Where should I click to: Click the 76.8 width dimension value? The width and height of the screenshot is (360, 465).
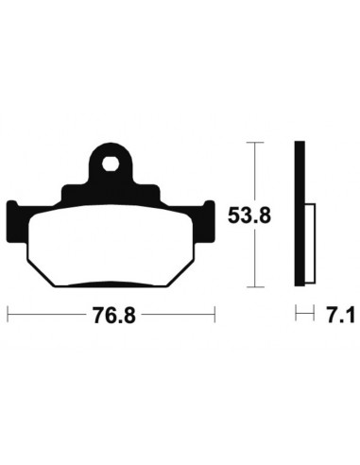[x=113, y=316]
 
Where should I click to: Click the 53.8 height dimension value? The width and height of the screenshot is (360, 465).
[x=249, y=215]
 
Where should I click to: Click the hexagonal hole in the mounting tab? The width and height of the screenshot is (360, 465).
[x=111, y=164]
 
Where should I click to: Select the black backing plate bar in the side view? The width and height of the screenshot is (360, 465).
[x=300, y=214]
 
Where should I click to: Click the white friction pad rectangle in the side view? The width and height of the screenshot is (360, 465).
[x=310, y=243]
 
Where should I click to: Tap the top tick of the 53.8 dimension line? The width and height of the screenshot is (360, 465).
[x=255, y=143]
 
